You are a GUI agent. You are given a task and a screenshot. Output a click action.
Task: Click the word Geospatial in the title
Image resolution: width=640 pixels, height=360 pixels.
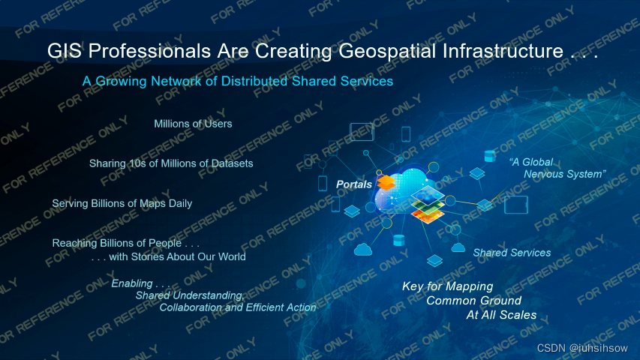pyautogui.click(x=387, y=52)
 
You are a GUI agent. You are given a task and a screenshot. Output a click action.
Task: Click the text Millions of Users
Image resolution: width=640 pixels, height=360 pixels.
pyautogui.click(x=193, y=124)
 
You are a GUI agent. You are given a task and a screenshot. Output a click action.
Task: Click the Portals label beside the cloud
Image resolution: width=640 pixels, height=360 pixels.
pyautogui.click(x=354, y=184)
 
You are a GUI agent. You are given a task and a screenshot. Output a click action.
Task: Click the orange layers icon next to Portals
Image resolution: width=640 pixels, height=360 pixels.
pyautogui.click(x=386, y=182)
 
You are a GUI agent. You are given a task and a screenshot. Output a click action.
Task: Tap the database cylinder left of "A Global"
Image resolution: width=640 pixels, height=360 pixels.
pyautogui.click(x=490, y=156)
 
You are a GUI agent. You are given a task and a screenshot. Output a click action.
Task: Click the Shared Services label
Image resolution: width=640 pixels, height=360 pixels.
pyautogui.click(x=512, y=253)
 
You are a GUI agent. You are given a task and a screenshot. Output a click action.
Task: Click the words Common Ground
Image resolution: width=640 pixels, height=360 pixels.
pyautogui.click(x=474, y=301)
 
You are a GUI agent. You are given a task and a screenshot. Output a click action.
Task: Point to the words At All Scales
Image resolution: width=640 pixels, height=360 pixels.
pyautogui.click(x=501, y=315)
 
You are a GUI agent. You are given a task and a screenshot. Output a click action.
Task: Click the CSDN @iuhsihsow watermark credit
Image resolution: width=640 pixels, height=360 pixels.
pyautogui.click(x=582, y=348)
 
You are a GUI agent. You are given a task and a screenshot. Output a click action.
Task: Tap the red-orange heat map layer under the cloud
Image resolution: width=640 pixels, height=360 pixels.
pyautogui.click(x=428, y=217)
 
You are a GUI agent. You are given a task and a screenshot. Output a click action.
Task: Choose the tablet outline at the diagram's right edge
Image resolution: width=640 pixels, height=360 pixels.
pyautogui.click(x=516, y=205)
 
